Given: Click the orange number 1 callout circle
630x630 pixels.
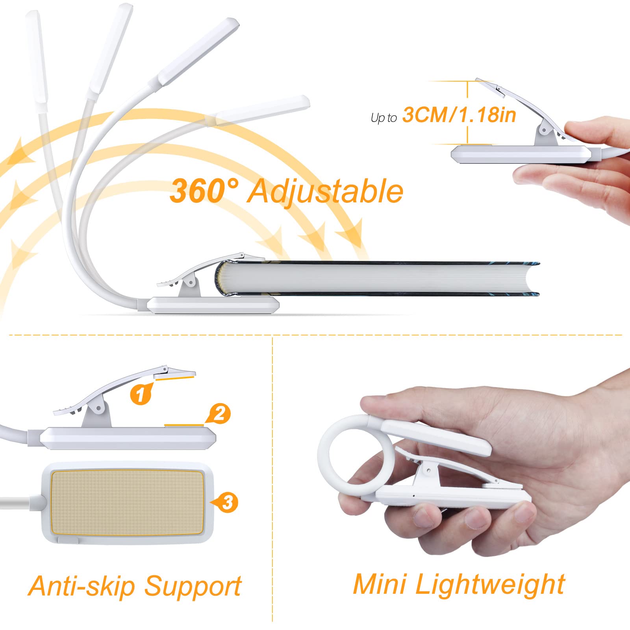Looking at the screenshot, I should [141, 393].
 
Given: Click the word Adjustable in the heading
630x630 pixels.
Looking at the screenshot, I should [325, 192].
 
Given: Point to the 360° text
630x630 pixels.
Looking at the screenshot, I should [204, 191].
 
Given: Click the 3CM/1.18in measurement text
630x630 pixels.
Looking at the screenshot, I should [459, 115].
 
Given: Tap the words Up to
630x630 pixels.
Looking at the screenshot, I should [384, 118].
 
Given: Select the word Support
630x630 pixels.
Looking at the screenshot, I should [193, 587].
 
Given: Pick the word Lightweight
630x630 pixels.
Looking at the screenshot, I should [490, 584].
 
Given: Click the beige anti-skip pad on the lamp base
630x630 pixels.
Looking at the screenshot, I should [127, 502].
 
